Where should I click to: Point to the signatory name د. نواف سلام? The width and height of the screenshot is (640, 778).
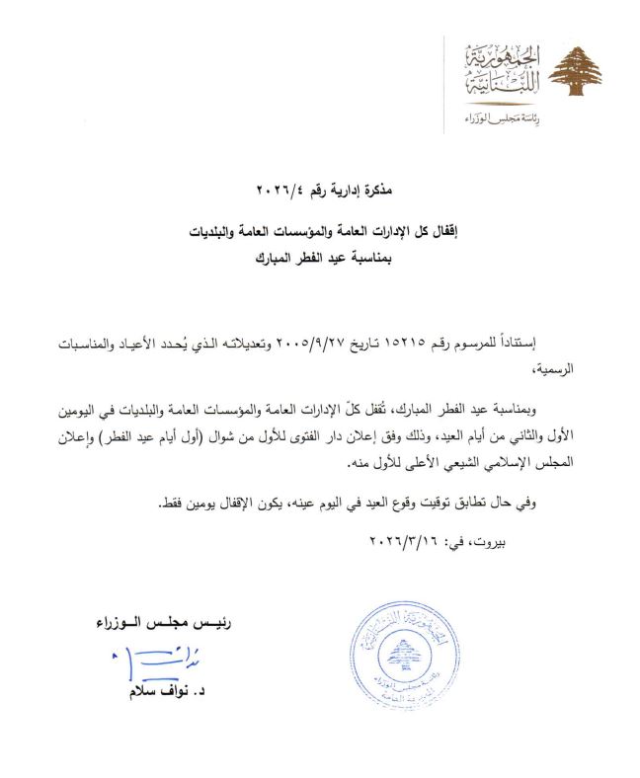click(153, 694)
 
